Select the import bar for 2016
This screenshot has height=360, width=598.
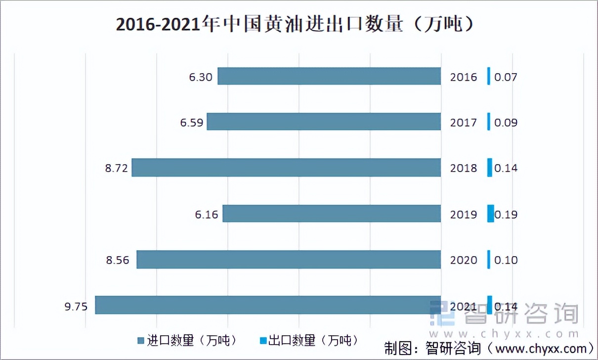[329, 76]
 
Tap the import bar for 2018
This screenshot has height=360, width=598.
[286, 168]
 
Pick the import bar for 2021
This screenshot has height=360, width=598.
[268, 305]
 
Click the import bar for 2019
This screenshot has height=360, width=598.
[332, 214]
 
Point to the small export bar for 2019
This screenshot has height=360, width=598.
[490, 214]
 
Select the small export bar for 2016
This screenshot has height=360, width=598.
[489, 76]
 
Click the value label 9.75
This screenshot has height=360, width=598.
[76, 307]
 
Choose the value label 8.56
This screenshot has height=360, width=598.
[117, 260]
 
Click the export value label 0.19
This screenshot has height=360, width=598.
[506, 215]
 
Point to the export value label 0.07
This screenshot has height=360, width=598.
[506, 77]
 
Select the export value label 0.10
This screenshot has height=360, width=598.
[506, 260]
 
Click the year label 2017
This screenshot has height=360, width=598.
[464, 123]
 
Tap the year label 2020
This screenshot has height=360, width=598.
[464, 260]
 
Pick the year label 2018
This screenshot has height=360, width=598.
[464, 168]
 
